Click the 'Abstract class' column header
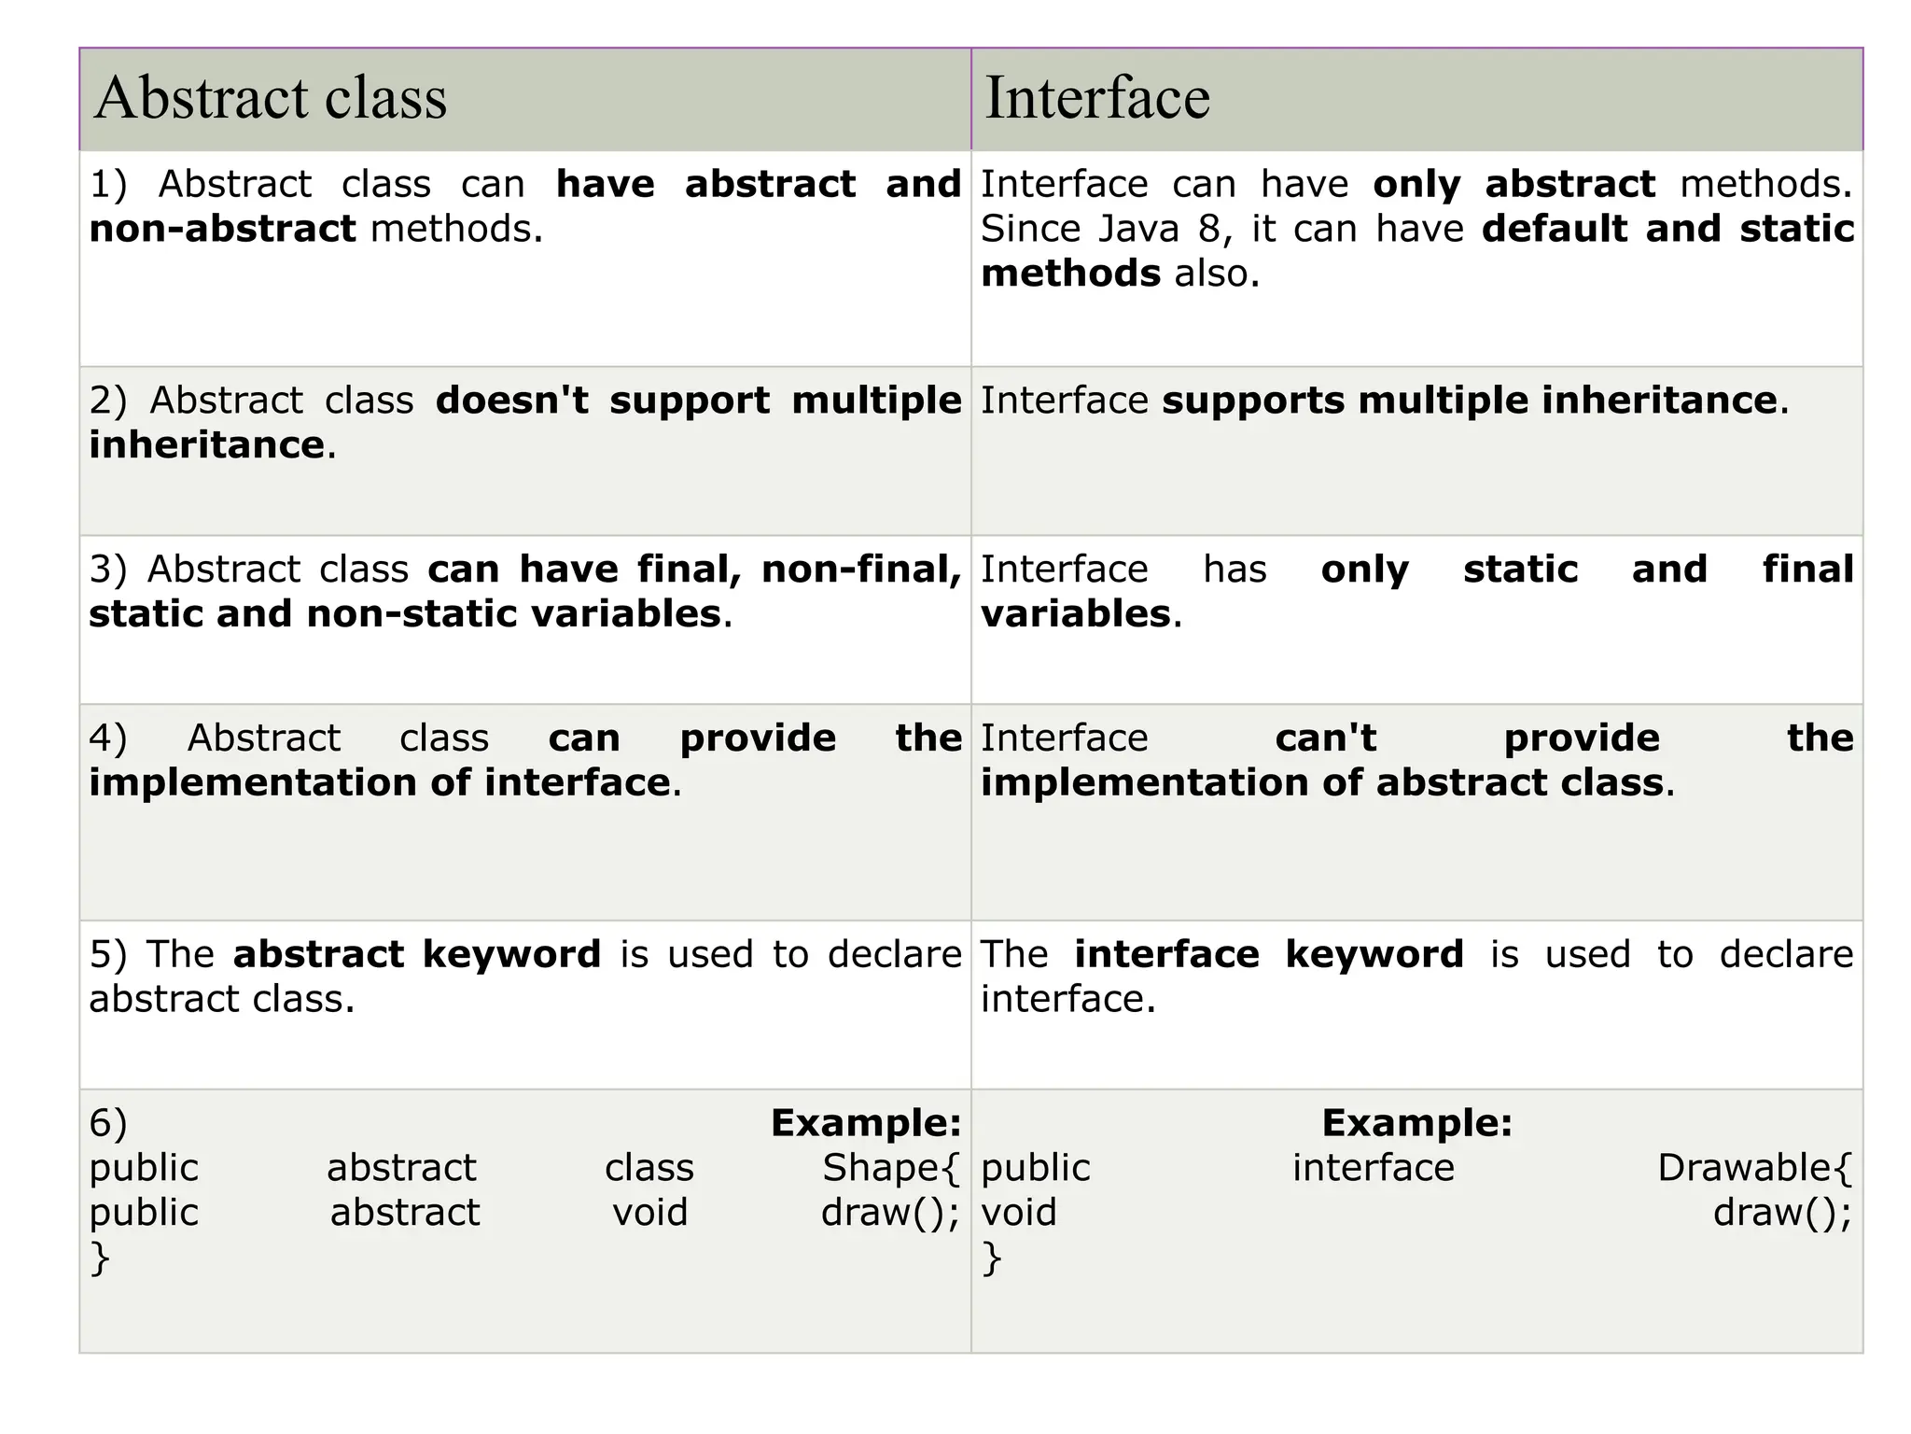click(x=271, y=98)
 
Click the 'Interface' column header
click(x=1097, y=98)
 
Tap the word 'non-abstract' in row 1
click(x=222, y=229)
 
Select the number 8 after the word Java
click(x=1209, y=229)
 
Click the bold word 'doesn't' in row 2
click(x=512, y=401)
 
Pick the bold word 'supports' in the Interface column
click(x=1254, y=401)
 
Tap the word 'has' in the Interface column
click(x=1234, y=569)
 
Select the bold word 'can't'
click(x=1326, y=738)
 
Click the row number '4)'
click(x=108, y=738)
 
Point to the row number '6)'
click(x=108, y=1123)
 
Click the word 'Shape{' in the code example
click(x=891, y=1168)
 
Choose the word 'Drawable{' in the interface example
click(x=1754, y=1168)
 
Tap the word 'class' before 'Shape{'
click(x=649, y=1168)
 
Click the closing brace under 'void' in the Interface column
click(x=992, y=1258)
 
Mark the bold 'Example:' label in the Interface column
click(x=1416, y=1123)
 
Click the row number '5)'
click(x=108, y=955)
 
